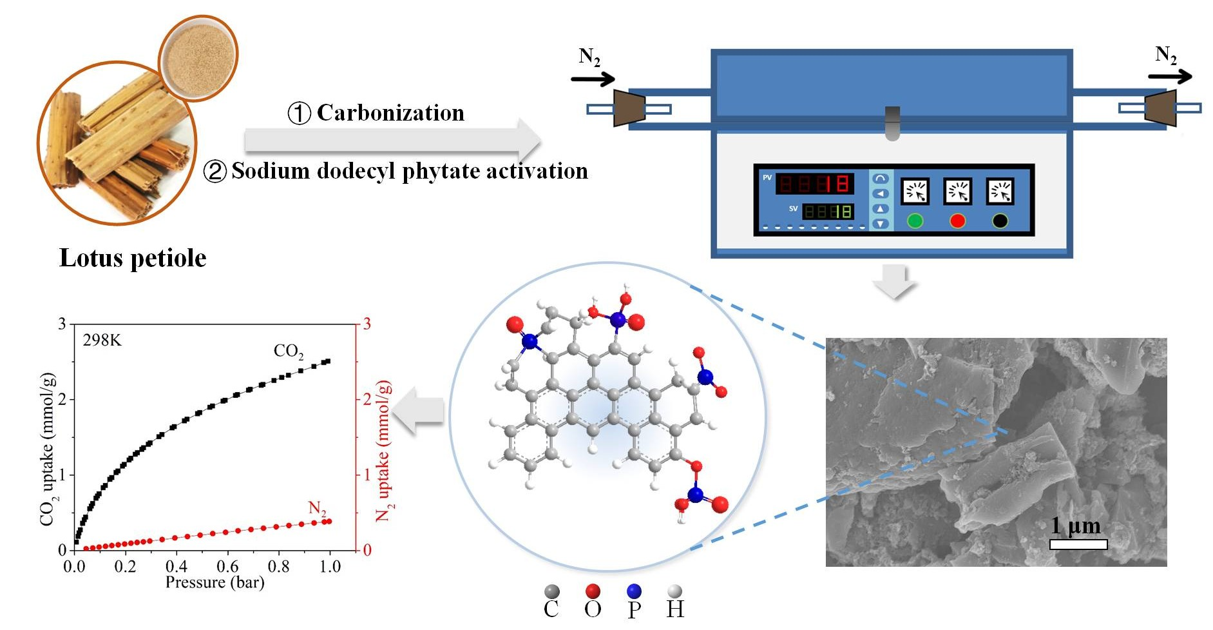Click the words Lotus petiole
click(133, 258)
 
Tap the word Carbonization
click(390, 113)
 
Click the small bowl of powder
click(198, 58)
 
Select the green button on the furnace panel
click(915, 221)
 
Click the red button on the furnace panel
click(957, 221)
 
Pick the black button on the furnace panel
click(1000, 221)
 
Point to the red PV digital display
click(815, 184)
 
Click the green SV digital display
click(828, 211)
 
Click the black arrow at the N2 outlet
click(1170, 77)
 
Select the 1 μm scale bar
click(1078, 544)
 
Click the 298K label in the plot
click(102, 340)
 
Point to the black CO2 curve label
click(288, 351)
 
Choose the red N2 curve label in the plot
click(317, 509)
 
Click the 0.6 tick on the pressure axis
click(227, 567)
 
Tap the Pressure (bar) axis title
click(215, 583)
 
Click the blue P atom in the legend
click(634, 591)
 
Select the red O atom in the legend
click(593, 591)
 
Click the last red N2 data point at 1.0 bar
click(329, 521)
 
